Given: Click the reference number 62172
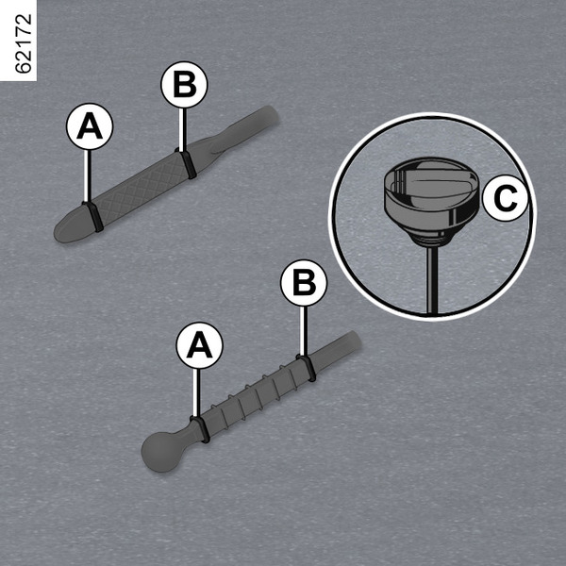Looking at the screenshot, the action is click(24, 43).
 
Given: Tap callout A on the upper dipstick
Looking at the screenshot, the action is click(90, 126).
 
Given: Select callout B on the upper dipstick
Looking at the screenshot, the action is click(184, 85).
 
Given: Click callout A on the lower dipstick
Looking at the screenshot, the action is click(199, 345).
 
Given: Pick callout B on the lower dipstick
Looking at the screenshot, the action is click(304, 283).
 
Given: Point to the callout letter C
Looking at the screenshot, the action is click(506, 198).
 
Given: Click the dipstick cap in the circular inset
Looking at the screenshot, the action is click(431, 200).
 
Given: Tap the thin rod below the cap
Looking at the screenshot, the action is click(432, 280).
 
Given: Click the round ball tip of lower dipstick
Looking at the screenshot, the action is click(161, 452).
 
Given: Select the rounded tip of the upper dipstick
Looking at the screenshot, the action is click(71, 225).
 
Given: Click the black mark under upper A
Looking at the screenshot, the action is click(93, 217).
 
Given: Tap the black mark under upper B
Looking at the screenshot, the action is click(187, 164).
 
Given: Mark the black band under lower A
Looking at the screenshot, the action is click(201, 429).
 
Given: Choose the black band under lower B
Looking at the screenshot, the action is click(307, 368).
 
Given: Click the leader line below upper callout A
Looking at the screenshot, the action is click(86, 176).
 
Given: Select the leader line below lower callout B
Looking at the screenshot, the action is click(304, 331).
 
